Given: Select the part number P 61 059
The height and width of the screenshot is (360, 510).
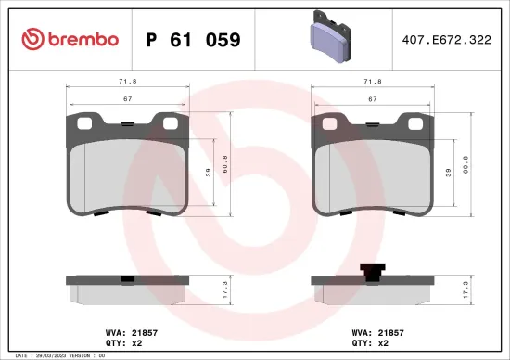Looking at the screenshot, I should [x=195, y=40].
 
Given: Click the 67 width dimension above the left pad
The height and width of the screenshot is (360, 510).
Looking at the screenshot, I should [x=129, y=98].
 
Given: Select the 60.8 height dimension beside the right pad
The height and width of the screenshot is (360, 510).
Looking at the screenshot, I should [x=465, y=171].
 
